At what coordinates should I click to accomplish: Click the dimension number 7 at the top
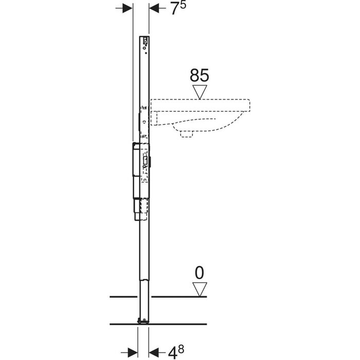click(175, 9)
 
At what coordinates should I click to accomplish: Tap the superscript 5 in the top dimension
click(183, 5)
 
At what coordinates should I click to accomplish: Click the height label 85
click(200, 75)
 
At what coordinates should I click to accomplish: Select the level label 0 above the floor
click(200, 273)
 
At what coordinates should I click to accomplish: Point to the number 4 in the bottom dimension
click(173, 353)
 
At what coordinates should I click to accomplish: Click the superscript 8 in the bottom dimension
click(181, 349)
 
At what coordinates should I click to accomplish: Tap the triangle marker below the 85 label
click(200, 92)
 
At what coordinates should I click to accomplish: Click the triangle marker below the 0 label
click(200, 289)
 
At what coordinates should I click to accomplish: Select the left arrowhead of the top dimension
click(128, 8)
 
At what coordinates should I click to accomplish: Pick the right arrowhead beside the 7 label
click(154, 8)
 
